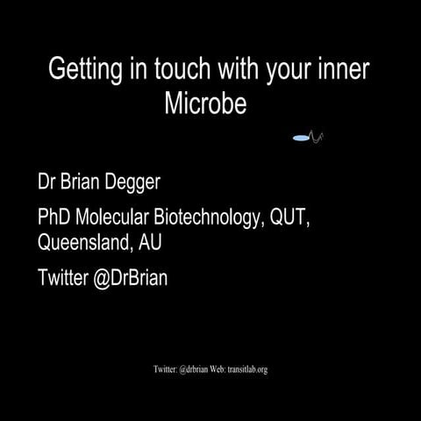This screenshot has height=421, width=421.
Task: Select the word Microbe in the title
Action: point(207,104)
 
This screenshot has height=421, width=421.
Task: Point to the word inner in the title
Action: point(341,71)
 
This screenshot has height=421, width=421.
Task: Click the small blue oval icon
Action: point(302,138)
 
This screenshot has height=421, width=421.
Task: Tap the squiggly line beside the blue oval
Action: point(318,137)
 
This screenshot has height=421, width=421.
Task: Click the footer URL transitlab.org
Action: point(247,369)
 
